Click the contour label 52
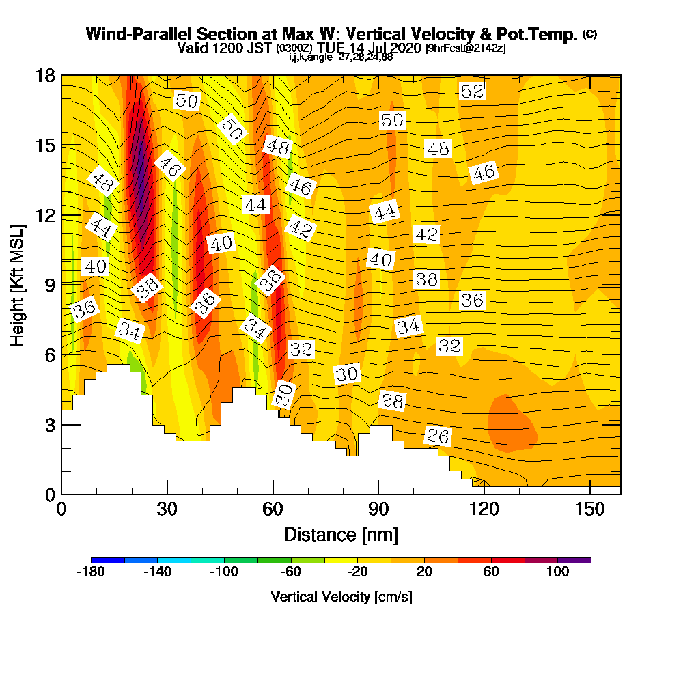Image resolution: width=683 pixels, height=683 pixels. click(x=473, y=91)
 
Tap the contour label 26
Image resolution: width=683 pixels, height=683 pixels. click(x=438, y=436)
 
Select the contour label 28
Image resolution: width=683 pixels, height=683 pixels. click(x=392, y=401)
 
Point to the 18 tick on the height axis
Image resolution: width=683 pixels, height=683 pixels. click(x=45, y=76)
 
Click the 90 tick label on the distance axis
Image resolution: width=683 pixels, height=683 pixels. click(x=378, y=510)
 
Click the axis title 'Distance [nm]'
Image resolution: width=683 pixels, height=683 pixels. click(x=341, y=533)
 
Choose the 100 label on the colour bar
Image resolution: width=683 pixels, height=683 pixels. click(x=557, y=572)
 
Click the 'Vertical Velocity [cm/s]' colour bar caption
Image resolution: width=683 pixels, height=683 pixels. click(x=341, y=597)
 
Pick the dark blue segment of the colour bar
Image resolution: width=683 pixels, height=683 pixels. click(x=107, y=560)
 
